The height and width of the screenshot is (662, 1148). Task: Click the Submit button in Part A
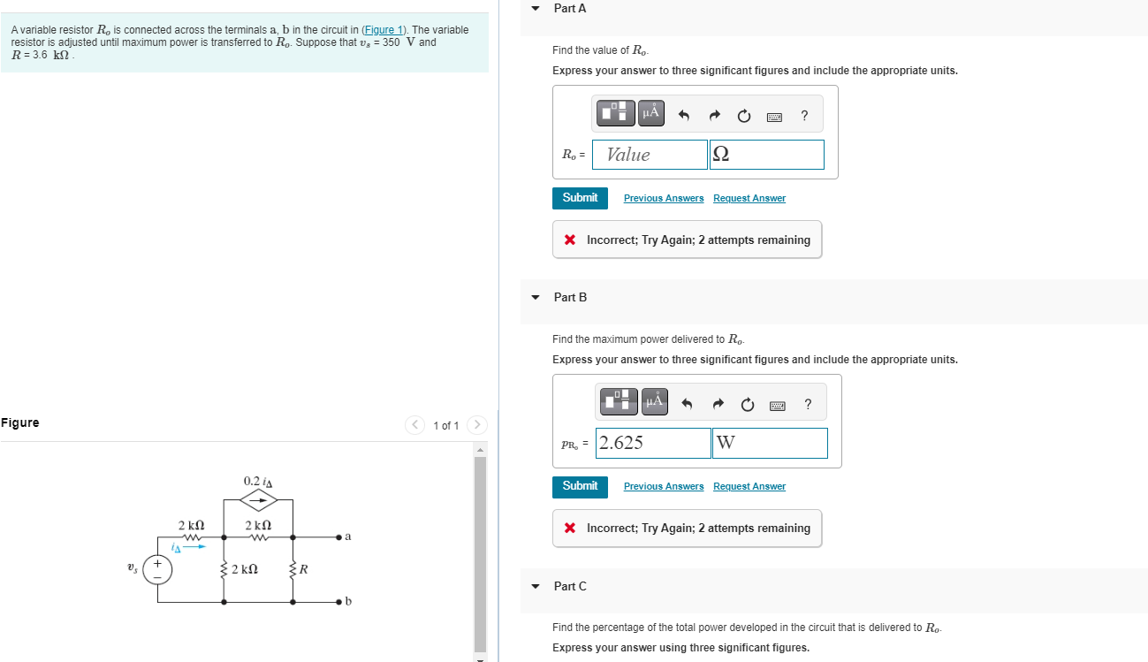point(580,198)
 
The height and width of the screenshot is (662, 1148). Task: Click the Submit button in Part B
point(580,486)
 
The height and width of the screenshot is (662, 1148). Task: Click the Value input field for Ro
point(650,155)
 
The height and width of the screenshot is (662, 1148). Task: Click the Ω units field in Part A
point(766,155)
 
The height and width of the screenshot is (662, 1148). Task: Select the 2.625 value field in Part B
point(653,443)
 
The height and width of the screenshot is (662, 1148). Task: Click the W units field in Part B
point(770,443)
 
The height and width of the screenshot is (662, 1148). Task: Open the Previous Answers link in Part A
point(664,198)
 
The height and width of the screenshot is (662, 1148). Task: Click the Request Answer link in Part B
point(749,486)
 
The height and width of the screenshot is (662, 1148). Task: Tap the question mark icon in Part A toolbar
point(804,115)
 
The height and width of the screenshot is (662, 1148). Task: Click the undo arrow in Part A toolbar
point(683,115)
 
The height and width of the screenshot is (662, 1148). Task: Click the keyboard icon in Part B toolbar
point(778,405)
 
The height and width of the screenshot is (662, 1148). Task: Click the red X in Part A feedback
point(570,240)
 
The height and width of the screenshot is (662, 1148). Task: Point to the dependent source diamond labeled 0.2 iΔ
point(259,499)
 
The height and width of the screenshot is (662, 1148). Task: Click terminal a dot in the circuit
point(339,536)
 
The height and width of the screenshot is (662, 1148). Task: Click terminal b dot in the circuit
point(339,602)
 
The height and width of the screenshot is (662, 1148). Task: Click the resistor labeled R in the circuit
point(293,568)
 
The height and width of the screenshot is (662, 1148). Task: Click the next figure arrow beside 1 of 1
point(476,425)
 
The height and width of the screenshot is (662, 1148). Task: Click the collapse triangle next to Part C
point(536,586)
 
